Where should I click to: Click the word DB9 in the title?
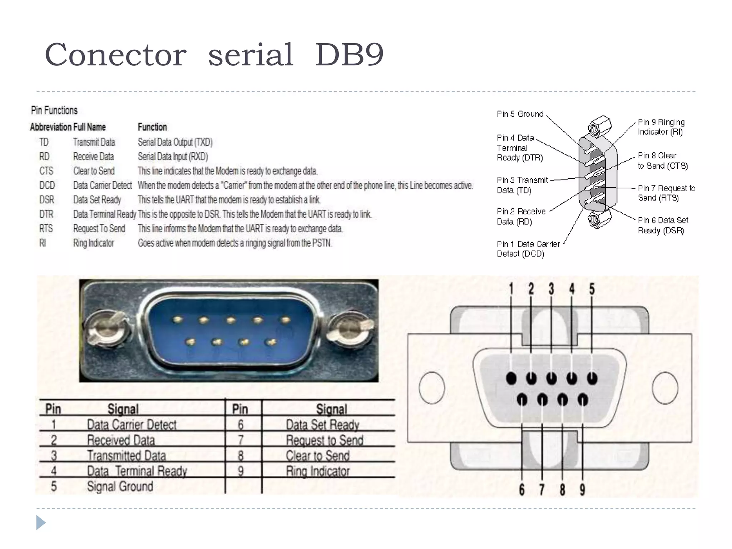pos(349,55)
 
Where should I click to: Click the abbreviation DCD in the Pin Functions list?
pos(47,186)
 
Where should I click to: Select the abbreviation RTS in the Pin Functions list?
pos(46,228)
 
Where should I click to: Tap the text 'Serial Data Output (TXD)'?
pos(175,142)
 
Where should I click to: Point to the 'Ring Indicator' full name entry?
pos(94,243)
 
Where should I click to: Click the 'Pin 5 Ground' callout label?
pos(520,114)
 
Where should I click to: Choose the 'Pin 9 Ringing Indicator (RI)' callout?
pos(661,127)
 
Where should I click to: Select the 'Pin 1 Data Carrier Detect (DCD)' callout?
pos(528,249)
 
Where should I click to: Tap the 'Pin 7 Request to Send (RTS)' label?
pos(666,193)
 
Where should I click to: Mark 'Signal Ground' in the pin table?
pos(120,486)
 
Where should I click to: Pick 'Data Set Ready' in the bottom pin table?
pos(322,425)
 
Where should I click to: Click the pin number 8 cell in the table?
pos(241,456)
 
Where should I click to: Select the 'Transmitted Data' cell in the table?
pos(127,456)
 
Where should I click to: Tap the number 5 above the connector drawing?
pos(592,289)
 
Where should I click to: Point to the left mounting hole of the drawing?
pos(431,388)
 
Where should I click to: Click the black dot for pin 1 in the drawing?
pos(511,378)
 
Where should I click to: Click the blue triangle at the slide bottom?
pos(41,523)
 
